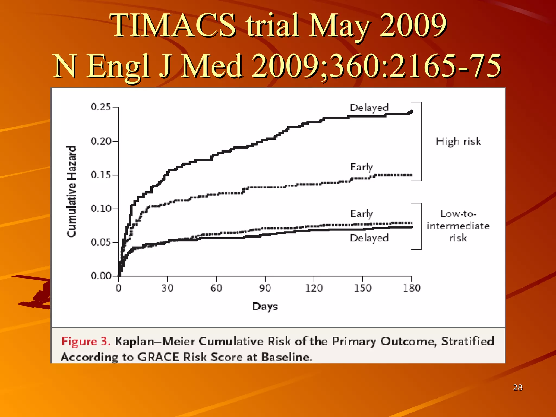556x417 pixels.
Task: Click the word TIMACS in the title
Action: (173, 26)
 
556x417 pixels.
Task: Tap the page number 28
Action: (517, 387)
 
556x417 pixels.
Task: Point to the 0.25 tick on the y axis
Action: (101, 107)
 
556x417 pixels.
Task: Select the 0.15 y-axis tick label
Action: (101, 175)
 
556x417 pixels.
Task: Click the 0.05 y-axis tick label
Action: (101, 242)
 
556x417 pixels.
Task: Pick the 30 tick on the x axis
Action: (167, 288)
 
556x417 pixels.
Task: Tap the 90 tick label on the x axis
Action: (265, 288)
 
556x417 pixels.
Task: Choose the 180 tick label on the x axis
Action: (412, 288)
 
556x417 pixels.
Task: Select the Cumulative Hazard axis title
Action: (72, 191)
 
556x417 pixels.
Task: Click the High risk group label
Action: (458, 141)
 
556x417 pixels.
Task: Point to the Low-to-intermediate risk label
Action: (458, 226)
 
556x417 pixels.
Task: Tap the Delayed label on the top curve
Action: (369, 108)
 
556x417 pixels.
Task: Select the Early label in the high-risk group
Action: (362, 167)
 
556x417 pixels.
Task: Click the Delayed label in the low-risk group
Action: (369, 238)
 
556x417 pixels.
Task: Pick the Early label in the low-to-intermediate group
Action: (362, 214)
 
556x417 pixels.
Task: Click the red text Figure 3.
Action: (86, 341)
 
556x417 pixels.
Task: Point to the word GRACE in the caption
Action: (158, 357)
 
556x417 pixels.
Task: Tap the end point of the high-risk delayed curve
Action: (411, 112)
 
